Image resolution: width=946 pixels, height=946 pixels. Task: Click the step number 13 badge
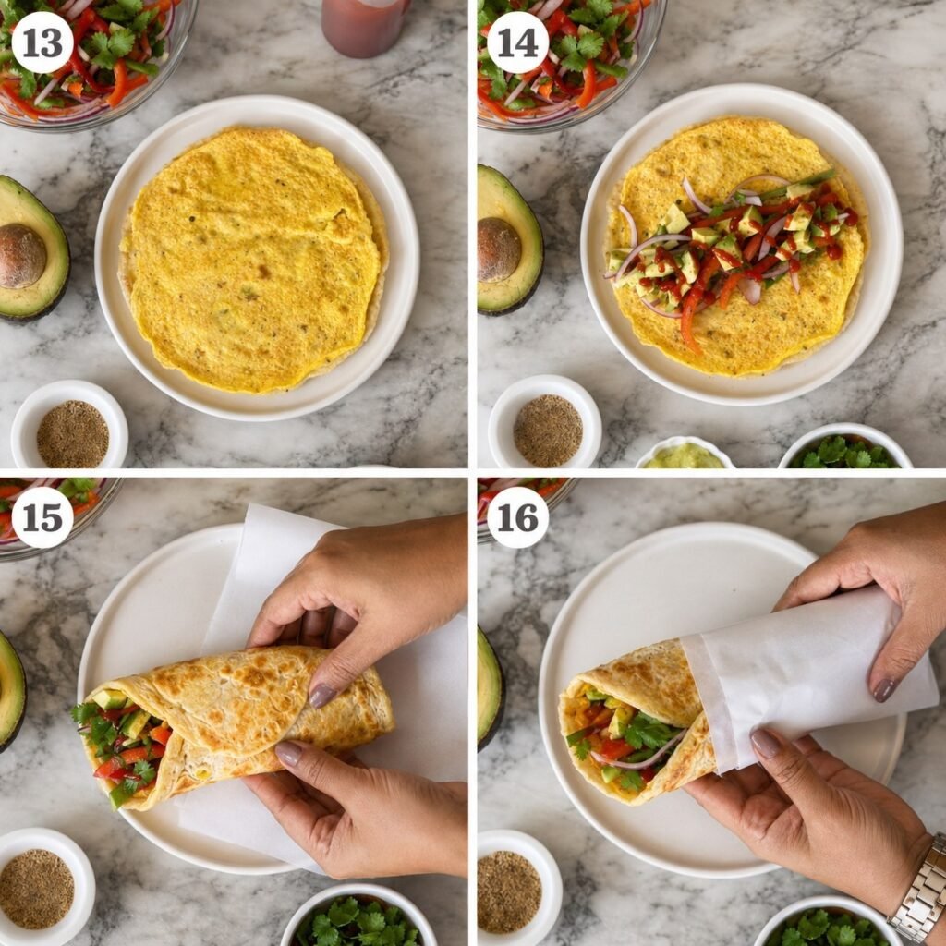click(x=42, y=42)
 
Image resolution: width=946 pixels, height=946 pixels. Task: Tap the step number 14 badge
click(x=517, y=42)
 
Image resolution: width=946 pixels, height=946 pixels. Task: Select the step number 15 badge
click(x=42, y=517)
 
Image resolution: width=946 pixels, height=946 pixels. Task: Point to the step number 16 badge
click(x=517, y=517)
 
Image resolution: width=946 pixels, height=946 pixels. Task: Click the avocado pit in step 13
click(x=22, y=257)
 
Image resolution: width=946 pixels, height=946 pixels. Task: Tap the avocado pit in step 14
click(x=498, y=249)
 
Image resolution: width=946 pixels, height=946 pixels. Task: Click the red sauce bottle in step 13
click(x=364, y=27)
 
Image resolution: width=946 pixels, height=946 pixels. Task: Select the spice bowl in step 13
click(x=69, y=425)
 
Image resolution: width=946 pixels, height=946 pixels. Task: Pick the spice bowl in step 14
click(x=545, y=421)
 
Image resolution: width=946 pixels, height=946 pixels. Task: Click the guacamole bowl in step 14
click(x=685, y=454)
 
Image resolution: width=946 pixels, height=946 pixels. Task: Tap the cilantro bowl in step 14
click(x=844, y=447)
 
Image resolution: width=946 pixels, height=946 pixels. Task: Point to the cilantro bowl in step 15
click(x=358, y=916)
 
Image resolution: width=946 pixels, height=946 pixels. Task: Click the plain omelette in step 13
click(x=251, y=260)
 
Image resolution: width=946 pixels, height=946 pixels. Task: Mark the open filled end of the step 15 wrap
click(x=121, y=748)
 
